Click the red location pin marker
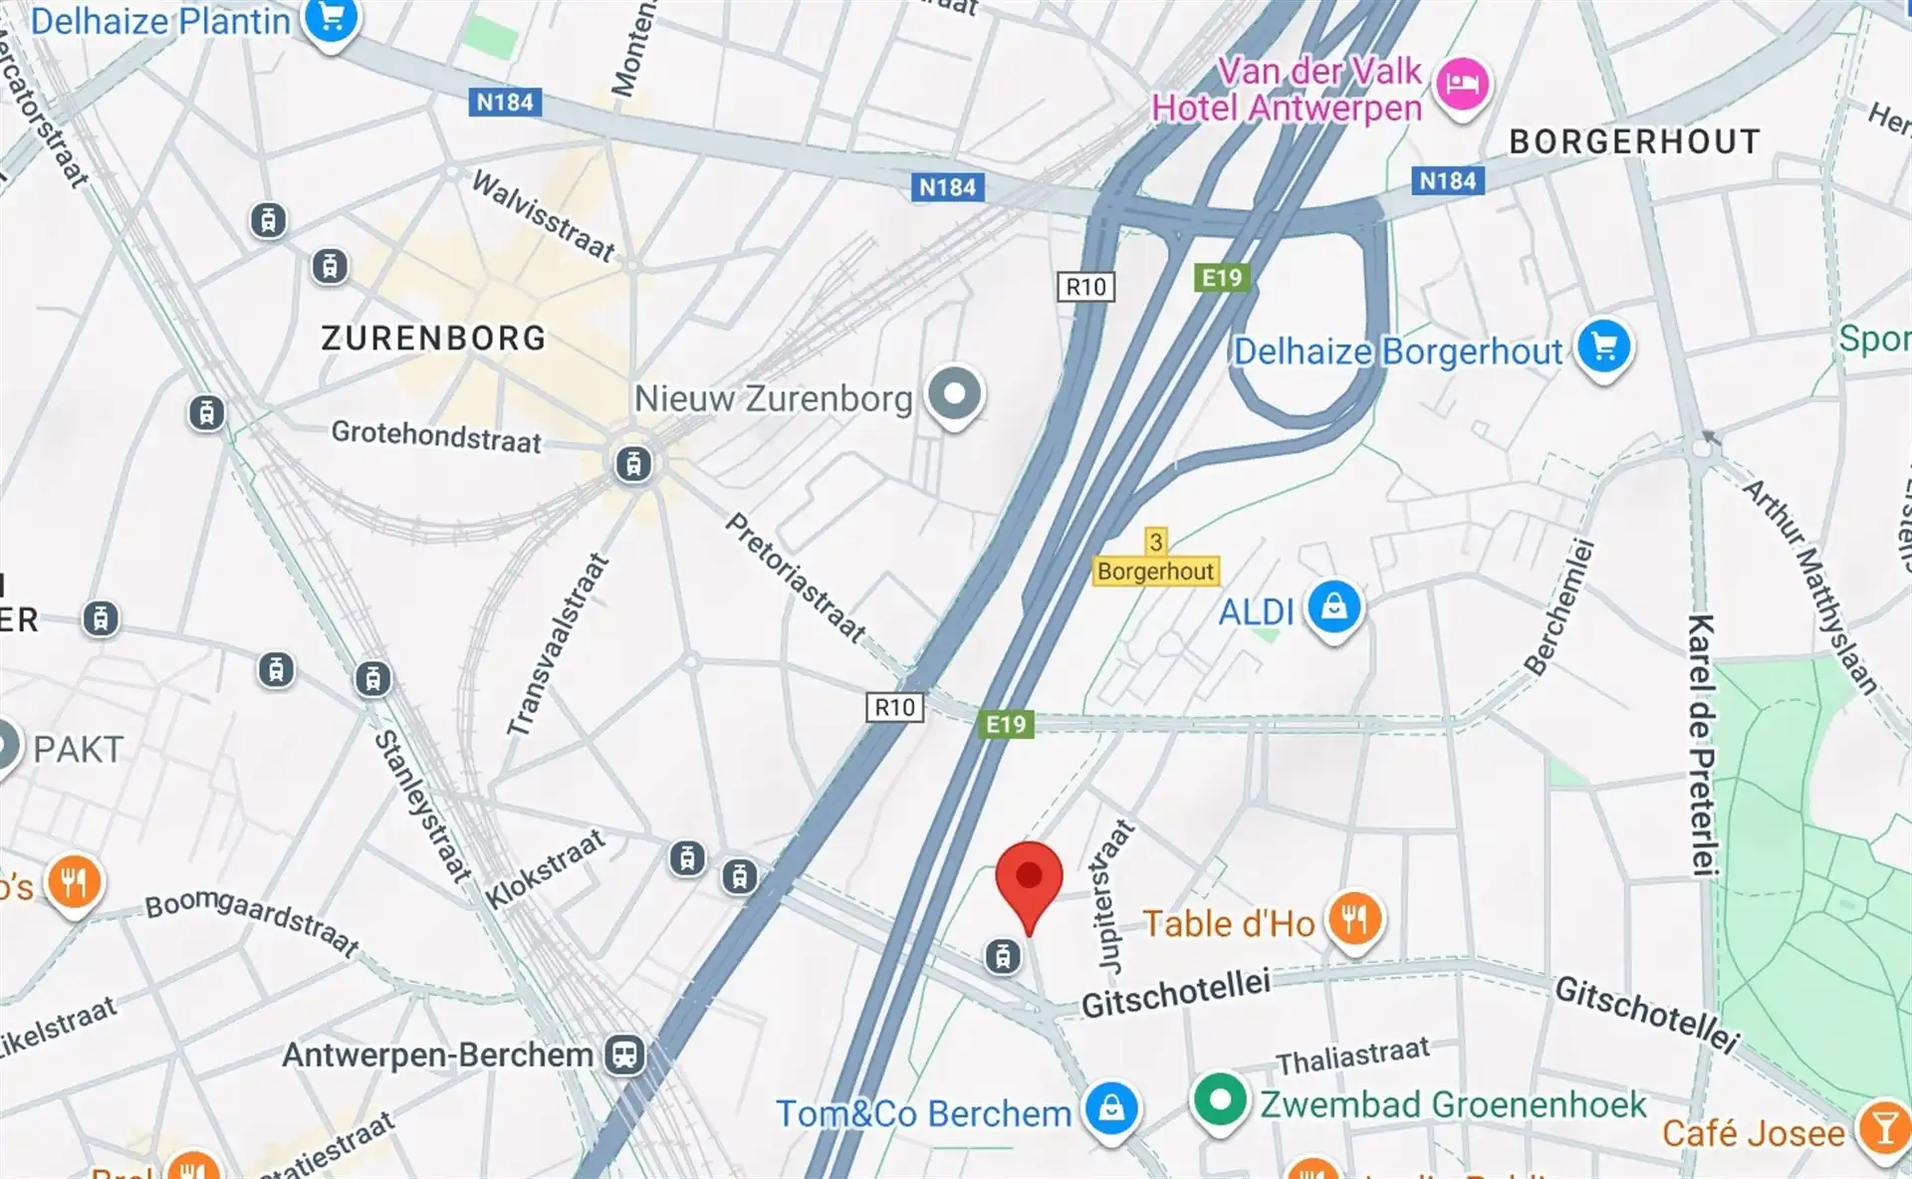click(x=1029, y=878)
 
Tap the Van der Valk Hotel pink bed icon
click(x=1461, y=83)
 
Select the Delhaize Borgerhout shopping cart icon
click(x=1603, y=347)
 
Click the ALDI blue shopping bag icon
click(x=1333, y=605)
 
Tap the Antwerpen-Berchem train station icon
click(x=625, y=1054)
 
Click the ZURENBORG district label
click(x=433, y=339)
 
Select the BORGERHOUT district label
click(x=1634, y=141)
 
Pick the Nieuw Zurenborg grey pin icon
click(x=954, y=393)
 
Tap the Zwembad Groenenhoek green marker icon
click(x=1219, y=1100)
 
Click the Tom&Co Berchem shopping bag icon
click(x=1111, y=1107)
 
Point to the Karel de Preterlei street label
click(x=1702, y=745)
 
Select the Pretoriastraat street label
click(x=796, y=578)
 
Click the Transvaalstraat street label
click(x=557, y=645)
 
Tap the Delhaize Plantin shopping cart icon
click(x=331, y=18)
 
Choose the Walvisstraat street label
click(x=543, y=215)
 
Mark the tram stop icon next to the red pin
click(x=1003, y=957)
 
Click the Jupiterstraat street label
click(x=1114, y=896)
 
